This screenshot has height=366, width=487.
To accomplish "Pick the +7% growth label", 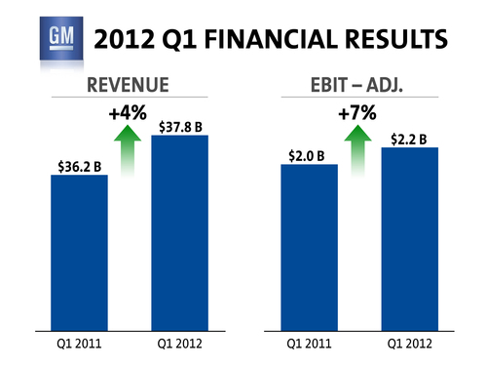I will tap(356, 112).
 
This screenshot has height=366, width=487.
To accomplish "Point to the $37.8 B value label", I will tap(179, 124).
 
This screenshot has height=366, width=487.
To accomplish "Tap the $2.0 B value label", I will tap(309, 153).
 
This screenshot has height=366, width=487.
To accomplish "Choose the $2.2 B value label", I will tap(409, 138).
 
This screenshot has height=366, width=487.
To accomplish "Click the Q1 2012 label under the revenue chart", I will tap(179, 344).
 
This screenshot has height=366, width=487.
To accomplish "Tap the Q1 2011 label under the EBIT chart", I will tap(309, 344).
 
